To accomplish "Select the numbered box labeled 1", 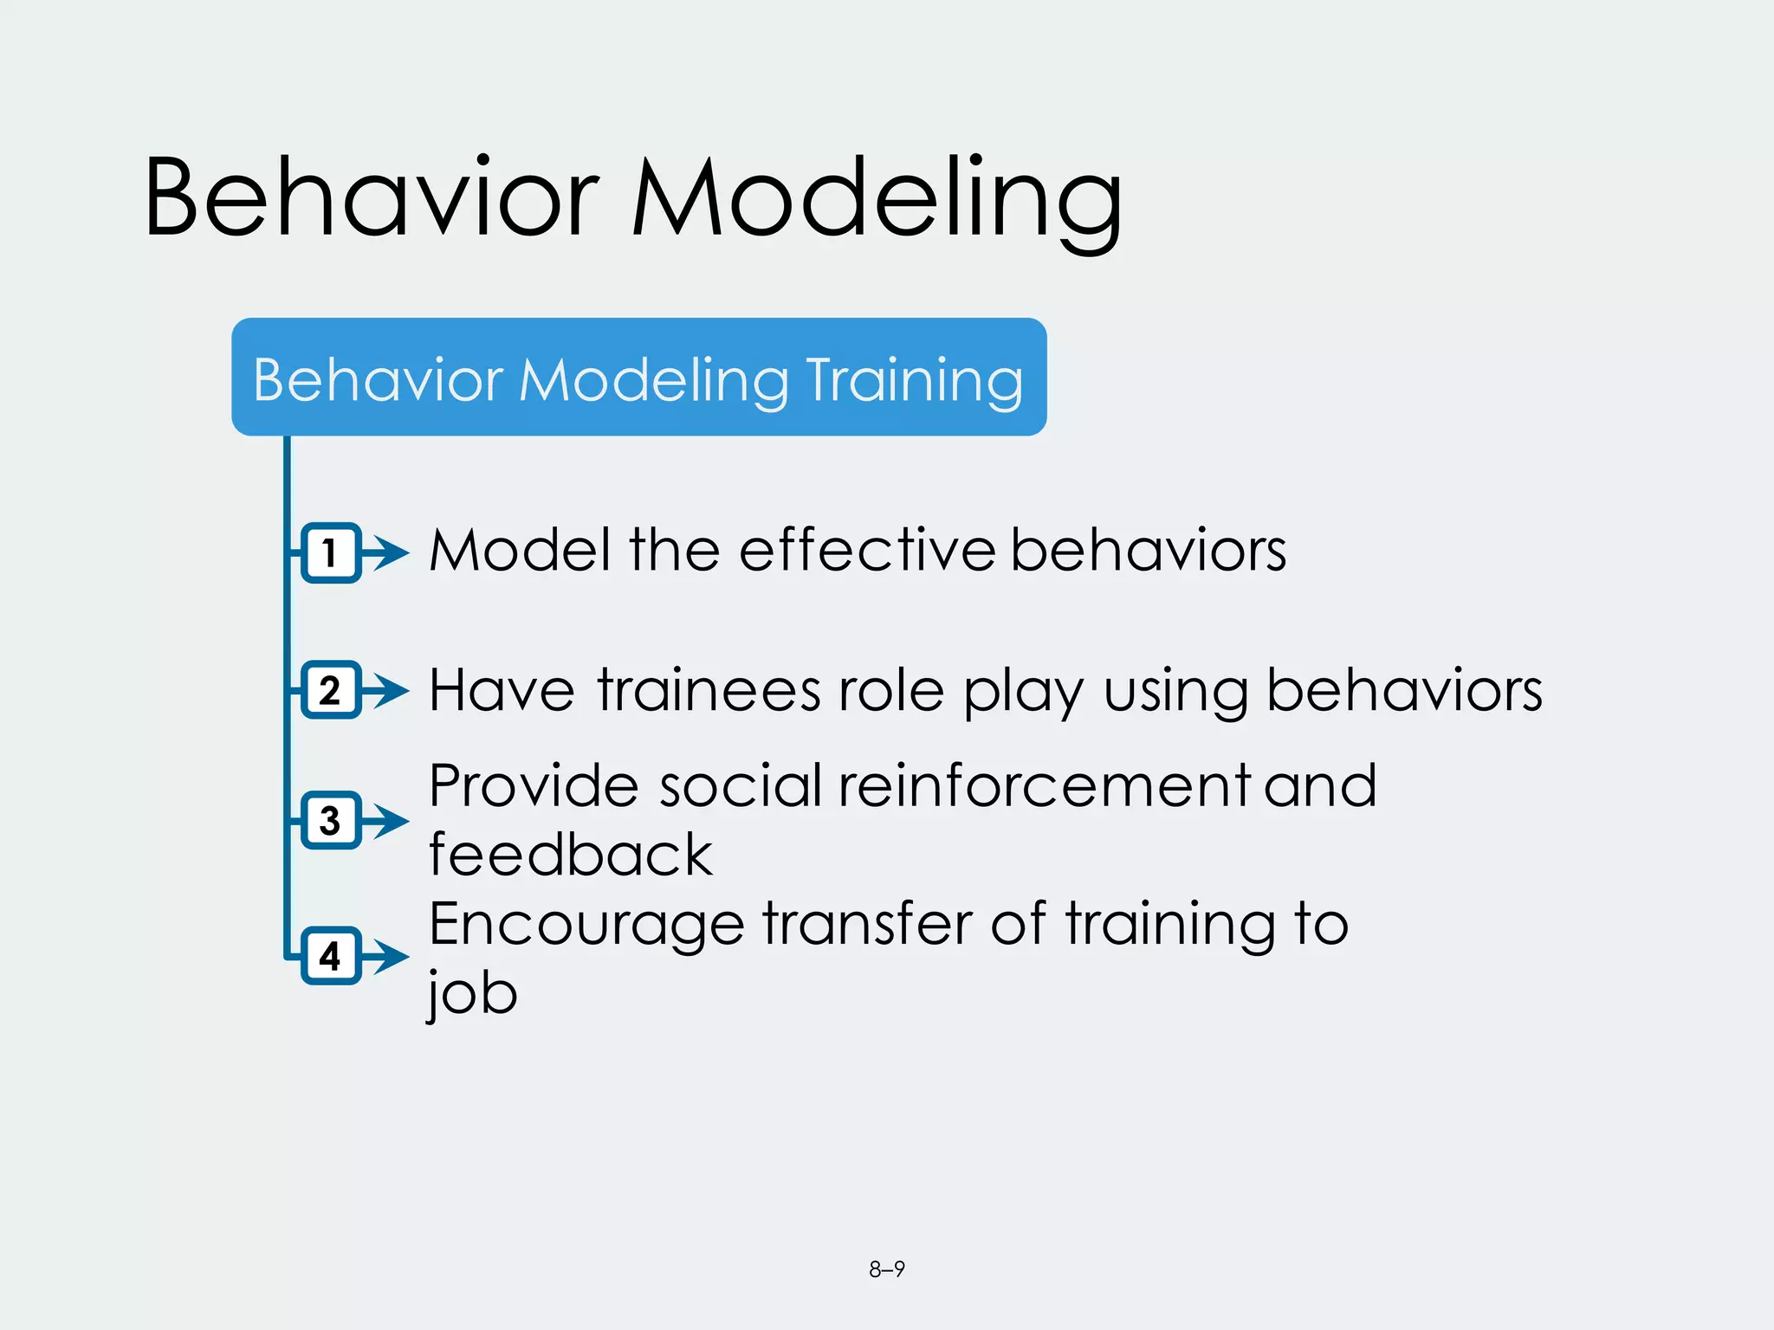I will pos(330,552).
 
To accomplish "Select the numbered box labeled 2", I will pos(330,690).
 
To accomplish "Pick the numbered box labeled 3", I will pos(330,820).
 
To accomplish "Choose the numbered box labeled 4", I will pos(330,956).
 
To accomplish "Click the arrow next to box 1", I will pos(387,552).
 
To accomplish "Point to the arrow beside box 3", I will pos(387,820).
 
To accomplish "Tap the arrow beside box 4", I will pos(387,956).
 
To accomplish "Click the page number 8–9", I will pos(887,1269).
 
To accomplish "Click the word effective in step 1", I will pos(867,551).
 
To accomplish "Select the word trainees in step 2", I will pos(709,691).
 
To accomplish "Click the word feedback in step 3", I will pos(571,855).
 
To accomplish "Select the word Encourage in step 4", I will pos(586,925).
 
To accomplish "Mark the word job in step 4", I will pos(473,993).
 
